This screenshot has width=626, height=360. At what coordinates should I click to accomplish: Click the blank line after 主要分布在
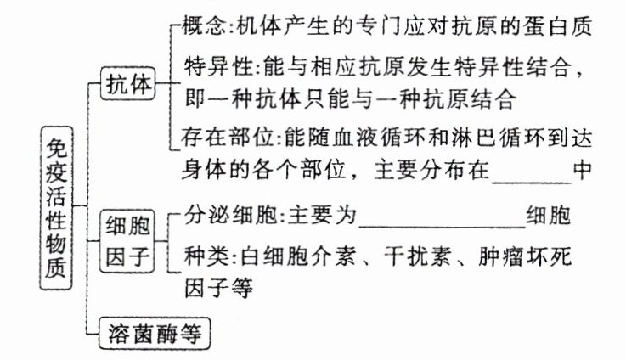[531, 167]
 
